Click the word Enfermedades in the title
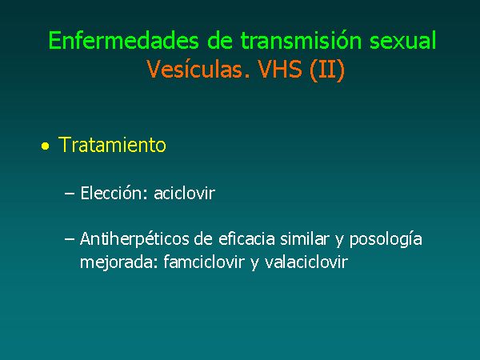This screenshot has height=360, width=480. click(x=124, y=41)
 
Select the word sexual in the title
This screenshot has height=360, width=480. click(x=403, y=41)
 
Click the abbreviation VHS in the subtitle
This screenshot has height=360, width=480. click(x=280, y=69)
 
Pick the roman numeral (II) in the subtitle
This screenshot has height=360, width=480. click(x=327, y=70)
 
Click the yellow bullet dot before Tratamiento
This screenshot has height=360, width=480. click(x=46, y=146)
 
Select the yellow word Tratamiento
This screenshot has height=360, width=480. click(x=112, y=145)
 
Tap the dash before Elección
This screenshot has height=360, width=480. click(x=70, y=194)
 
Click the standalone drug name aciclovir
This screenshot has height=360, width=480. click(x=185, y=193)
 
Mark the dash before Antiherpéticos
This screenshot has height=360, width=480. click(x=70, y=239)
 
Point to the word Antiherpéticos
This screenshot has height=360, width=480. click(x=134, y=238)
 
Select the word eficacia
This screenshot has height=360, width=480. click(x=246, y=238)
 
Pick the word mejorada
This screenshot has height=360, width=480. click(x=119, y=262)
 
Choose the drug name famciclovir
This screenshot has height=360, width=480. click(x=203, y=262)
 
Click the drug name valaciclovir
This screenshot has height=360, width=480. click(x=306, y=262)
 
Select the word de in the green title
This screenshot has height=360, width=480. click(x=220, y=41)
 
